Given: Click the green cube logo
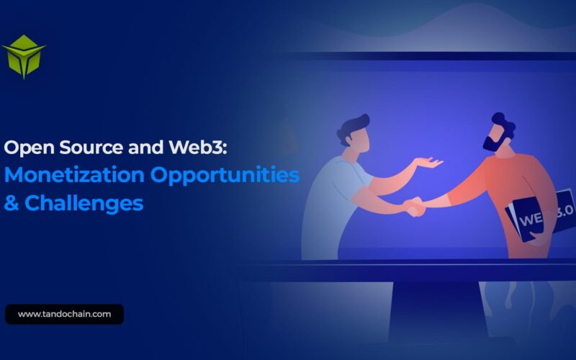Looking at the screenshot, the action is [24, 57].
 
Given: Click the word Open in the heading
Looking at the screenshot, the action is [29, 148].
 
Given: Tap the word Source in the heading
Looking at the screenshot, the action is [91, 148].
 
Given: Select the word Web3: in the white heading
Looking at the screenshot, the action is [197, 147].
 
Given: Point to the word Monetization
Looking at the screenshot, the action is [74, 174].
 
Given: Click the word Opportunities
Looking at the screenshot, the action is [225, 175].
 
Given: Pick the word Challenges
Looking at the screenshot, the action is [84, 203].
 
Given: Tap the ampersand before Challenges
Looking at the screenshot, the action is [12, 203].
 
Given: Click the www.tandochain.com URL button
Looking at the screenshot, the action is [64, 314].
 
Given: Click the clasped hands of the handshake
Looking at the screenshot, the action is [414, 207].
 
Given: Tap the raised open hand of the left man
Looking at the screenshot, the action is [428, 162].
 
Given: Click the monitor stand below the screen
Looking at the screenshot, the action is [437, 312].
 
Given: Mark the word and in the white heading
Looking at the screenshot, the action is [146, 148].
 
